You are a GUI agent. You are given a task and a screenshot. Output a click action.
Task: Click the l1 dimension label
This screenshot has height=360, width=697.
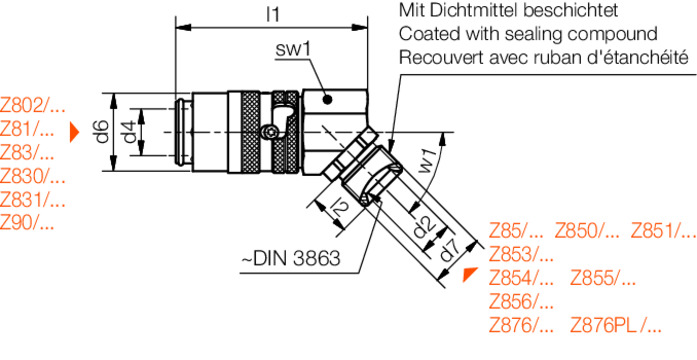pyautogui.click(x=272, y=15)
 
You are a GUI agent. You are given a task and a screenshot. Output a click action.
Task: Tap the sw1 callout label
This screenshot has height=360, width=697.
pyautogui.click(x=292, y=49)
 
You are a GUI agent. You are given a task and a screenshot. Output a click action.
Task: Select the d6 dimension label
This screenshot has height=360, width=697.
pyautogui.click(x=103, y=132)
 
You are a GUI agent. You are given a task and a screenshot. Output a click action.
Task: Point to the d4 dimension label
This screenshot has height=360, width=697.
pyautogui.click(x=129, y=132)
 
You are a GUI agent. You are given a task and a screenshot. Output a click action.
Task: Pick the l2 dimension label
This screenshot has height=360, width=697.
pyautogui.click(x=339, y=208)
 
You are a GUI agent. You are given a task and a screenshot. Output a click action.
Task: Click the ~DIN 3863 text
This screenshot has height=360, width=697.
pyautogui.click(x=290, y=258)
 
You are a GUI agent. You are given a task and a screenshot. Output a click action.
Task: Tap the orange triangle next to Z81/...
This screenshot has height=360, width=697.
pyautogui.click(x=74, y=132)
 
